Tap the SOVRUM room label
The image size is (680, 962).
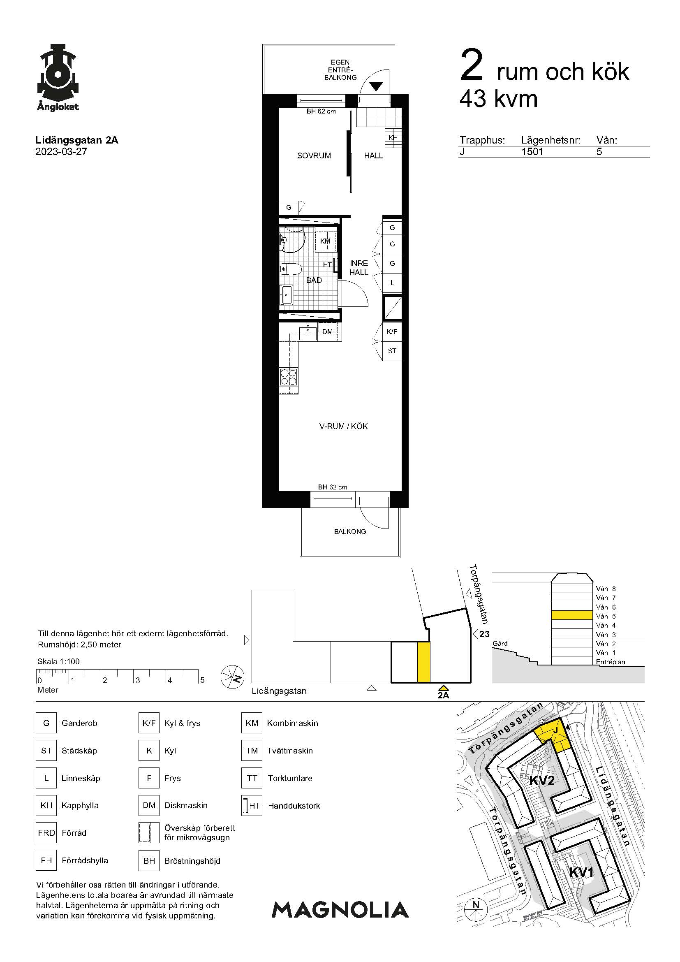click(x=314, y=155)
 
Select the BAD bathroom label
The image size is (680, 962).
click(x=314, y=280)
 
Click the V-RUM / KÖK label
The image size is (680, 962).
click(x=343, y=426)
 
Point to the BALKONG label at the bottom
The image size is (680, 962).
click(x=350, y=531)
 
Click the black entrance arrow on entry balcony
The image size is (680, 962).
click(x=376, y=86)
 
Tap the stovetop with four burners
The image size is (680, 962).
click(x=289, y=376)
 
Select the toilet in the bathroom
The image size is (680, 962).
click(x=291, y=268)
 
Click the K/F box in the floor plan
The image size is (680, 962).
click(x=392, y=331)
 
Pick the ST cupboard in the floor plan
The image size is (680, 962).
click(x=392, y=351)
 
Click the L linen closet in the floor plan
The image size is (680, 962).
click(x=392, y=283)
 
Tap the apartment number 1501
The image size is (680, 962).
click(x=532, y=152)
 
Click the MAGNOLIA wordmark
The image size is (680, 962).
click(x=340, y=910)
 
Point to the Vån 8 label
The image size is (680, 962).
click(x=606, y=589)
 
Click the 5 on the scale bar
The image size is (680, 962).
click(x=202, y=680)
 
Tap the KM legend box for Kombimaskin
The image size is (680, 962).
click(x=252, y=723)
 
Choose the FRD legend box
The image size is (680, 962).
click(x=46, y=832)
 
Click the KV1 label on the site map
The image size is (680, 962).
click(x=581, y=872)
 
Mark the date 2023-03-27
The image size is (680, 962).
click(x=61, y=152)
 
